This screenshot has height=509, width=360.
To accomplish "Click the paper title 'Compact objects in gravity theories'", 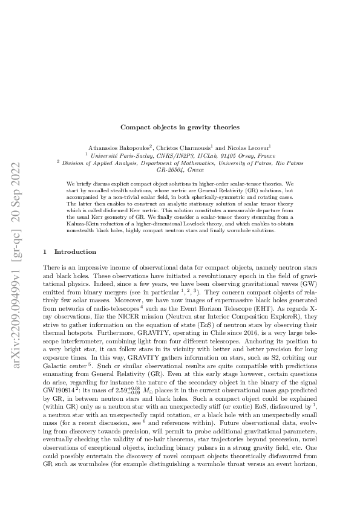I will click(180, 127).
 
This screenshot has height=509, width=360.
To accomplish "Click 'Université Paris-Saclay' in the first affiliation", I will click(123, 155).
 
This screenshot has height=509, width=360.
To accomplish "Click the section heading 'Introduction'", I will click(75, 251).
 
